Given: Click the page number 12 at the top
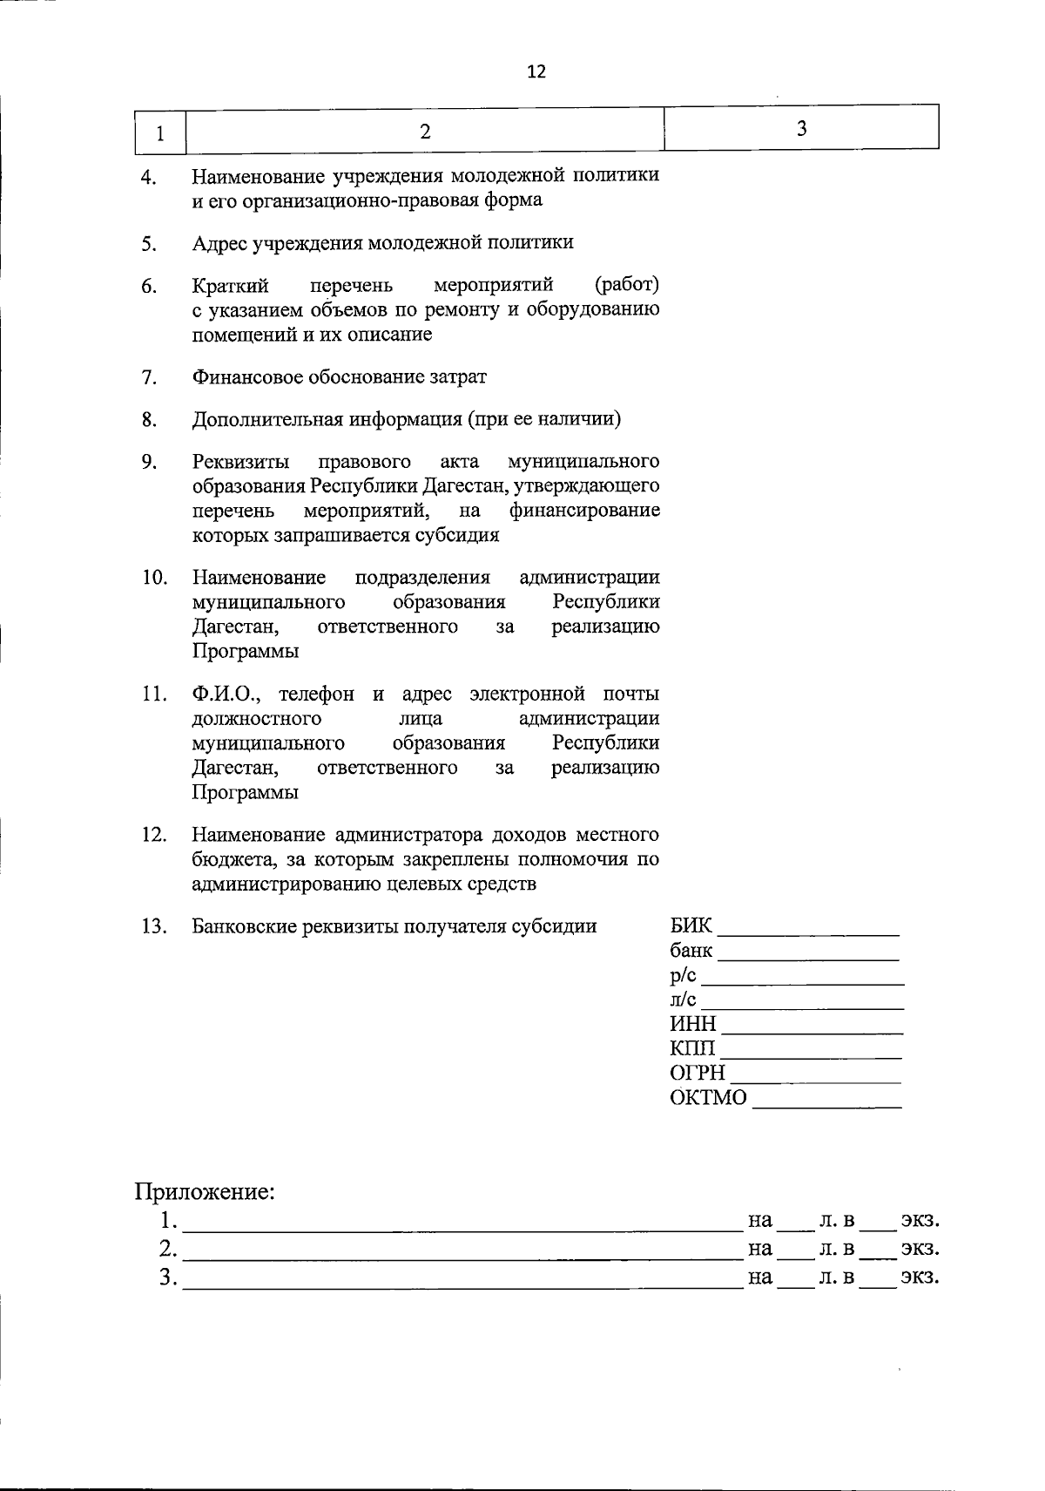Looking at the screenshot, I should click(x=536, y=72).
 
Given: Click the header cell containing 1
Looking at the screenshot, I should click(x=159, y=133).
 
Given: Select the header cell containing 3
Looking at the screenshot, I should click(x=801, y=129).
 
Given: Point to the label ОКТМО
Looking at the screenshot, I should click(x=708, y=1098).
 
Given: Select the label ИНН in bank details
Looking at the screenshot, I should click(x=693, y=1024).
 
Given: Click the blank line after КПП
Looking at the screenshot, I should click(x=811, y=1056).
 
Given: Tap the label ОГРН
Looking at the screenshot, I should click(x=698, y=1073).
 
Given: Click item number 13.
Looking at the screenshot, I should click(x=153, y=926).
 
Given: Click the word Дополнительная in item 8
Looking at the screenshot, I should click(x=267, y=419).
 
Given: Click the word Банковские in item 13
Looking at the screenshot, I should click(x=244, y=926).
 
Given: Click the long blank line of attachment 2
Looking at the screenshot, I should click(x=462, y=1257).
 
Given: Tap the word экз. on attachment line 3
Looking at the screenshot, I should click(x=919, y=1278).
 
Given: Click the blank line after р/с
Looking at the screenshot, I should click(x=801, y=982).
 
